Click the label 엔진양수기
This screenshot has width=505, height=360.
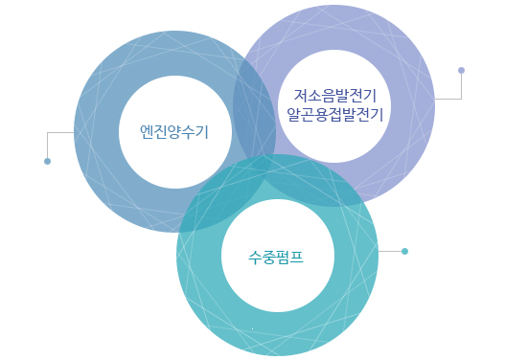(x=173, y=131)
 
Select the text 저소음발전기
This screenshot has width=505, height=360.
(x=334, y=96)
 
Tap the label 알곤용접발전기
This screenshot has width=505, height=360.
(x=334, y=115)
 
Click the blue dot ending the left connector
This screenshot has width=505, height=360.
(x=47, y=161)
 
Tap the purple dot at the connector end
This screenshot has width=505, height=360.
(x=461, y=70)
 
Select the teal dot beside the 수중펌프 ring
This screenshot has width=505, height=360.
(x=404, y=251)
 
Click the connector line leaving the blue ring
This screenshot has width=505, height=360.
(x=59, y=132)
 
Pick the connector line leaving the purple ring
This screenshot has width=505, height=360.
(x=448, y=99)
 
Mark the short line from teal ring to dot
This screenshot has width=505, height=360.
(x=390, y=251)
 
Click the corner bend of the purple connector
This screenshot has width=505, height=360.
(x=461, y=99)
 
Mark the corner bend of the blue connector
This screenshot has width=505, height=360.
(x=47, y=132)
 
